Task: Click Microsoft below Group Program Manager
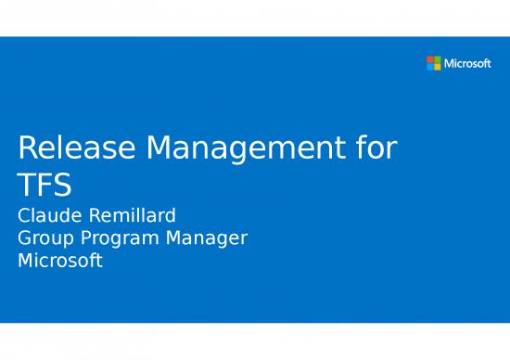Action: tap(60, 261)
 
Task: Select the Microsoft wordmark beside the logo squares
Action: tap(468, 63)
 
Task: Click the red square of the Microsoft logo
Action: tap(430, 59)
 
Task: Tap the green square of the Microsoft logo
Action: tap(438, 59)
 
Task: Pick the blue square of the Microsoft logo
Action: tap(430, 67)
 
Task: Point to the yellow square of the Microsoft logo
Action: tap(438, 67)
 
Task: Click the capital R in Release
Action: tap(29, 148)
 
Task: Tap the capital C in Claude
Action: tap(25, 217)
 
